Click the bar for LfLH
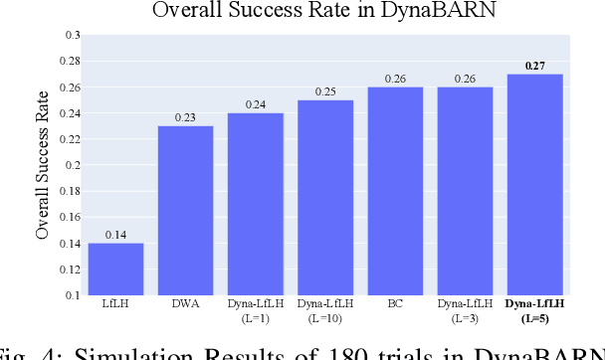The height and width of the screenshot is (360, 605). (115, 269)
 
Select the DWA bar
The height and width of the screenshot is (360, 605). (185, 210)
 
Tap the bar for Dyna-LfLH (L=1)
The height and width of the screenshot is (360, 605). (255, 204)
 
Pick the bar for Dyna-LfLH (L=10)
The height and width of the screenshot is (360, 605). (324, 197)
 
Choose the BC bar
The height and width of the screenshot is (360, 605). (394, 191)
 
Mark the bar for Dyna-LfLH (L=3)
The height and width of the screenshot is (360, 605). (465, 191)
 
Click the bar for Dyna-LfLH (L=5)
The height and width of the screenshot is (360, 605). (534, 184)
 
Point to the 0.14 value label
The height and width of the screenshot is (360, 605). (115, 235)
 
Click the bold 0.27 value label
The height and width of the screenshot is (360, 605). (534, 66)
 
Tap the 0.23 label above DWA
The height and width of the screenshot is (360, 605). (185, 117)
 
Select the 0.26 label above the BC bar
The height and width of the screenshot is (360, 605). (394, 79)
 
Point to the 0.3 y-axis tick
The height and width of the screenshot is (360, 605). (72, 35)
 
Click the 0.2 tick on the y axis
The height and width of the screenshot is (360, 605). (72, 165)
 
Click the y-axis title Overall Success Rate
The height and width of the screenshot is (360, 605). (43, 165)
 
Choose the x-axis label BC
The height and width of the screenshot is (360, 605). (394, 303)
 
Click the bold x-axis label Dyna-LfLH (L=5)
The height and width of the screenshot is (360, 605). (534, 309)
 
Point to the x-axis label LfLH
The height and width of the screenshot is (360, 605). (115, 303)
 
